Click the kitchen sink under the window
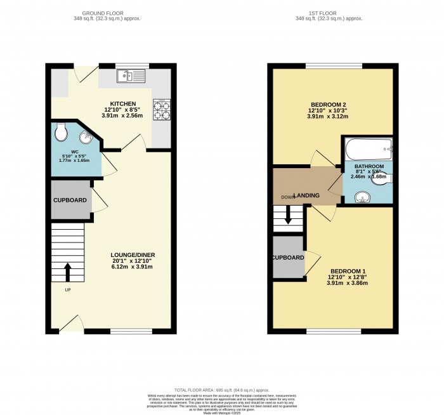click(x=131, y=77)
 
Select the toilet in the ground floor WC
click(x=61, y=132)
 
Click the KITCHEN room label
click(x=123, y=103)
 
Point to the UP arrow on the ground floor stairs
click(x=68, y=272)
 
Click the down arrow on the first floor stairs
click(x=289, y=217)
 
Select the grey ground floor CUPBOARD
click(x=70, y=200)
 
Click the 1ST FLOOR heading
click(x=332, y=13)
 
